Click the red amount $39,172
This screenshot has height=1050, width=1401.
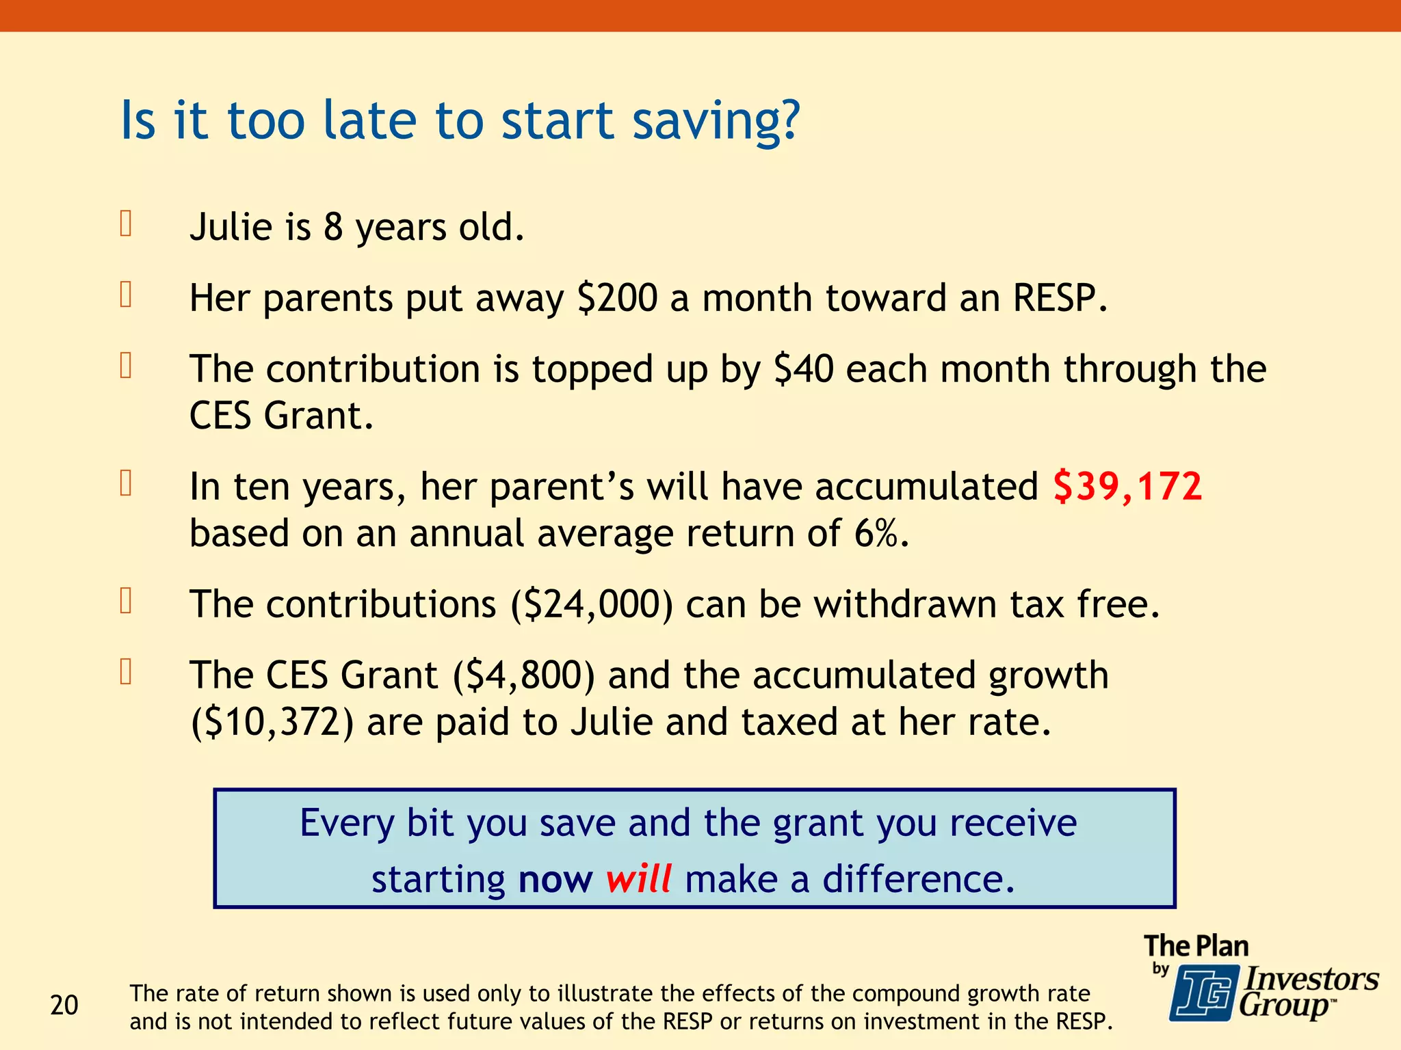1127,487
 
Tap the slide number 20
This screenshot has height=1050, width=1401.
64,1006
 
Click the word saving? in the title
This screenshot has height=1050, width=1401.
716,122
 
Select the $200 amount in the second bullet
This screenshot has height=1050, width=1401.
617,298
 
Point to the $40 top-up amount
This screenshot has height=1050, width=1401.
803,369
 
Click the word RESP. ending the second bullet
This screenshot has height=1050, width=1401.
1060,298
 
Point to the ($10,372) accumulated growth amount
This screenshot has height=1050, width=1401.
272,723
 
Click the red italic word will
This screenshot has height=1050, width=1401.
638,879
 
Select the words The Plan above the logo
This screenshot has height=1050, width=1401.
1196,946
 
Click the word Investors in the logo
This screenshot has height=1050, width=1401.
1311,979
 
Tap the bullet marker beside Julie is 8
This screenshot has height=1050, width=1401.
126,224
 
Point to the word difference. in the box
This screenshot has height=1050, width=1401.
918,879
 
